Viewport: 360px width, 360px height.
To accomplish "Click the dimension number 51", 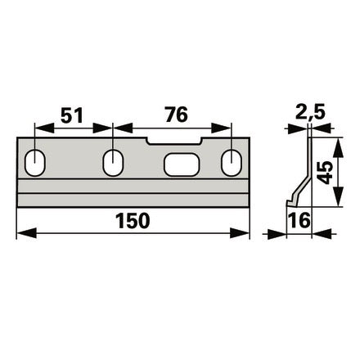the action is [71, 115].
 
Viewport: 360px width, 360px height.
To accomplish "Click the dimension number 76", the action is [177, 115].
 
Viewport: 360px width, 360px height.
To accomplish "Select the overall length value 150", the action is [133, 221].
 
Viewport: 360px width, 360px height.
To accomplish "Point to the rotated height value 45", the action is [325, 173].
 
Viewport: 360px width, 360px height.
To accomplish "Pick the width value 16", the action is [299, 220].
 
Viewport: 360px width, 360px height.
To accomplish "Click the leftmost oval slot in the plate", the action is [35, 163].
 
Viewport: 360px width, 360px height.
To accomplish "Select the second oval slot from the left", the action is [113, 163].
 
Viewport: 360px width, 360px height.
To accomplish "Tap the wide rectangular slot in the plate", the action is [182, 164].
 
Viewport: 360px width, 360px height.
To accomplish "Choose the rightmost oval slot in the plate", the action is [232, 163].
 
